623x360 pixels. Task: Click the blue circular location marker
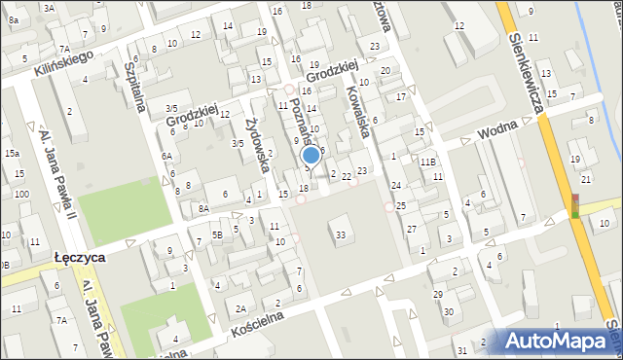[x=311, y=154]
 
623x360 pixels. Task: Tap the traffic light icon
[x=575, y=205]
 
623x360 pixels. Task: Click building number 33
[x=340, y=235]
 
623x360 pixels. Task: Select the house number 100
[x=21, y=196]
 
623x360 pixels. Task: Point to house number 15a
[x=12, y=154]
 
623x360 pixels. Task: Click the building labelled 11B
[x=427, y=162]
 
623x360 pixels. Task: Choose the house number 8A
[x=203, y=208]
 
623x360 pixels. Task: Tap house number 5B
[x=218, y=234]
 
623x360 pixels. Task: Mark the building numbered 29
[x=437, y=294]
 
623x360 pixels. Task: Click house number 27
[x=412, y=229]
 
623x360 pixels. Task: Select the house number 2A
[x=239, y=308]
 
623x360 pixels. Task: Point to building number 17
[x=400, y=97]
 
